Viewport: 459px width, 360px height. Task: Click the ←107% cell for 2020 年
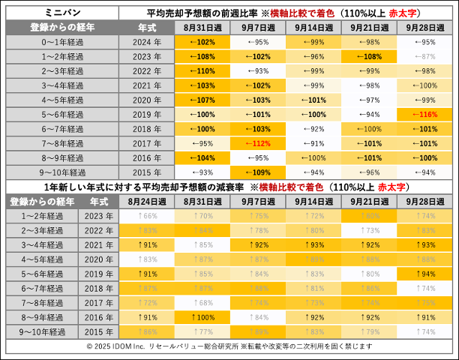click(202, 100)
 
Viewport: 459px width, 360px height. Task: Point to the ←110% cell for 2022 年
click(202, 71)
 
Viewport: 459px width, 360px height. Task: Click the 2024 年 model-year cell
click(147, 43)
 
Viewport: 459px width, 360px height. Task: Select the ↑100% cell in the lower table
click(202, 316)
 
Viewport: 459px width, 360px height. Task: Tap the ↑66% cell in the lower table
click(148, 216)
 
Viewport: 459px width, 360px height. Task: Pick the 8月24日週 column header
click(148, 202)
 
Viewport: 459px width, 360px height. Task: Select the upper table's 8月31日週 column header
click(202, 27)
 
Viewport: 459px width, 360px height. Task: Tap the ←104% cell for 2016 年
click(202, 158)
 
